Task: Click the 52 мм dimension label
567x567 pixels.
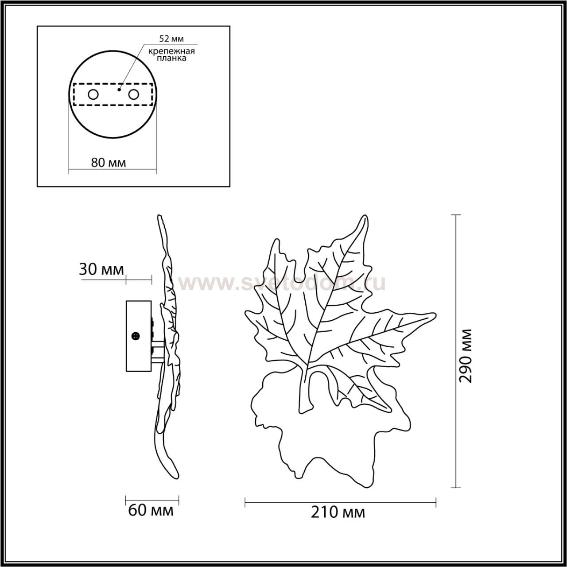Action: [171, 39]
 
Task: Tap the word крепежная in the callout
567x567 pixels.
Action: [171, 51]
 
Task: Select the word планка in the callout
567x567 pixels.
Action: [171, 58]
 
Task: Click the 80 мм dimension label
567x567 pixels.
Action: [109, 163]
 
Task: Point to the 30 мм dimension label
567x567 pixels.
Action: [101, 269]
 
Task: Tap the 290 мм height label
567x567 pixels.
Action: [465, 356]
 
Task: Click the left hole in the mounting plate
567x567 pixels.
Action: [93, 95]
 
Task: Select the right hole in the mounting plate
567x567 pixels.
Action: [133, 95]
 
